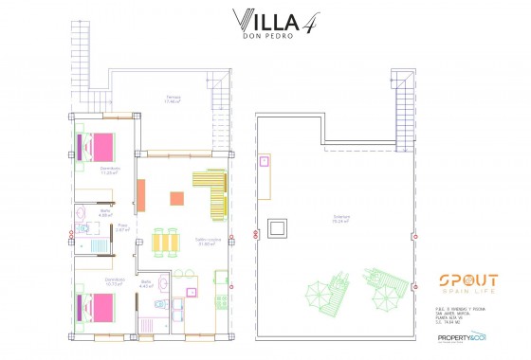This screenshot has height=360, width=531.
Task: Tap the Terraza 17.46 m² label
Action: (x=173, y=99)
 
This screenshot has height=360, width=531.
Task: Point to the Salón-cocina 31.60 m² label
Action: (x=208, y=242)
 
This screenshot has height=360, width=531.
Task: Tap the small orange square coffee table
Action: (x=175, y=198)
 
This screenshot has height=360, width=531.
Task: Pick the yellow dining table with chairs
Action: (x=167, y=243)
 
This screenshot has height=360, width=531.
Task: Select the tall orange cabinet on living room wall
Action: (x=140, y=195)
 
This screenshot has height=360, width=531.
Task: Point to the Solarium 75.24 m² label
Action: (x=339, y=219)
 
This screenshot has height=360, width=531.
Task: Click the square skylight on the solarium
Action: (x=278, y=227)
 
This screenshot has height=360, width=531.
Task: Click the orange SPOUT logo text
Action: (x=467, y=280)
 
